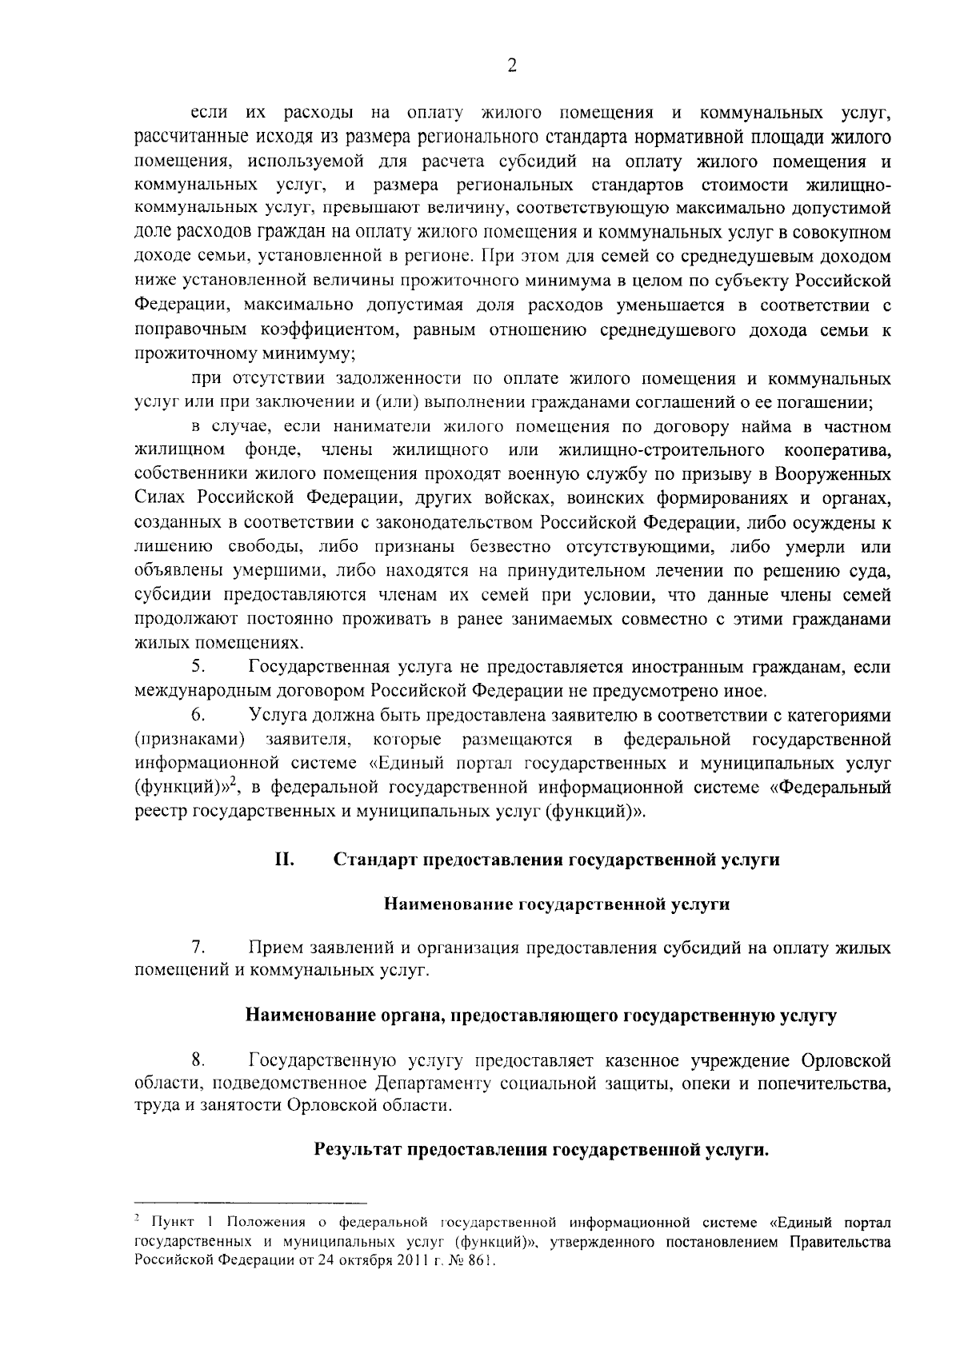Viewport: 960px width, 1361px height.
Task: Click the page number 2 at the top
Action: (512, 67)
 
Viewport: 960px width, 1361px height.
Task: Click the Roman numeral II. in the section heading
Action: (285, 860)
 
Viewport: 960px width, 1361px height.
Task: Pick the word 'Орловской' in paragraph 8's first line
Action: (846, 1061)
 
